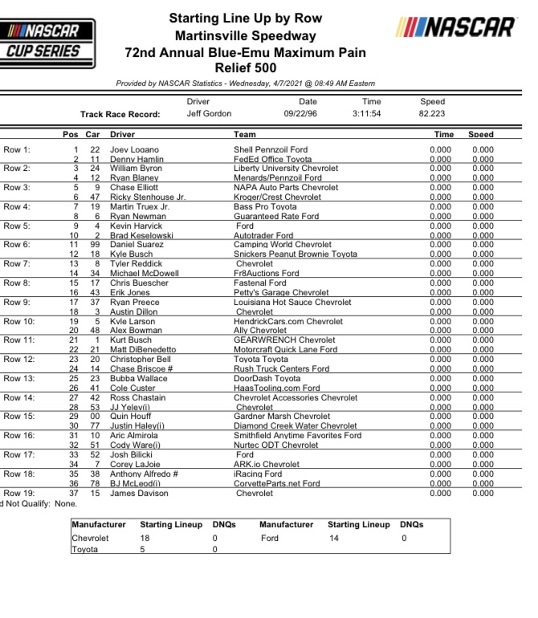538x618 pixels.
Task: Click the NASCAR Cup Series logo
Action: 49,43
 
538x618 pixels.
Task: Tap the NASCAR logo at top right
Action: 455,27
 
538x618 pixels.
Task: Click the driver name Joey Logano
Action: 134,149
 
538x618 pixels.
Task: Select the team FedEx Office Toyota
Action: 272,159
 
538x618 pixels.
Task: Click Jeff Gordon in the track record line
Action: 209,114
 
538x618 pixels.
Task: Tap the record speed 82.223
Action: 432,114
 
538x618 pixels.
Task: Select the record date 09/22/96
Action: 308,114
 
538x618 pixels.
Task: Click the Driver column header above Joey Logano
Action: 122,135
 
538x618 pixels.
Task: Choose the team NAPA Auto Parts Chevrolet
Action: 285,188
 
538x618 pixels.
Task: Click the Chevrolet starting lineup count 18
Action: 145,538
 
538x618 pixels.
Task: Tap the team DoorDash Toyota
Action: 267,378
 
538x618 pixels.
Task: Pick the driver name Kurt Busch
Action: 130,340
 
